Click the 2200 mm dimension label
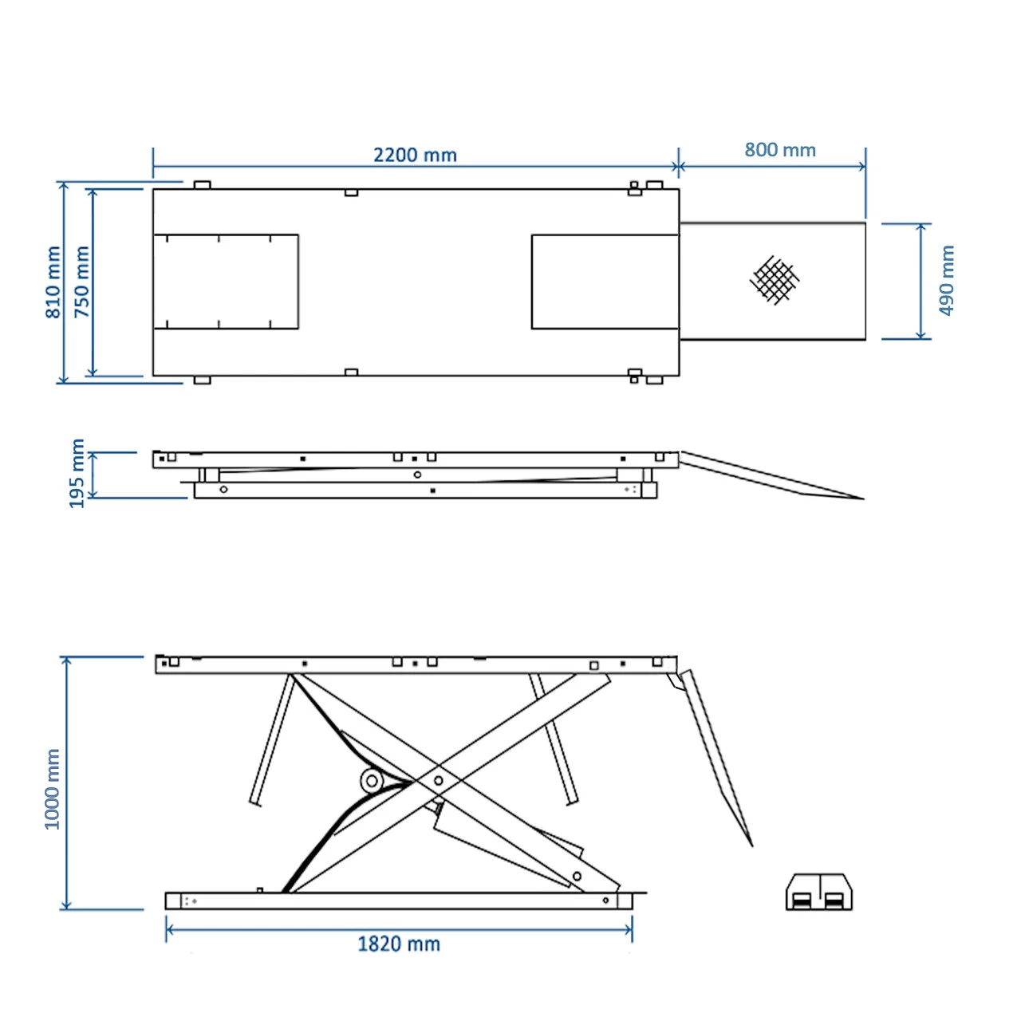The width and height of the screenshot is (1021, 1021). coord(415,156)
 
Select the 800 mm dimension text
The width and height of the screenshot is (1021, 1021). coord(780,150)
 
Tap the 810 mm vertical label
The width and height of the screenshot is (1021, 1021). coord(53,282)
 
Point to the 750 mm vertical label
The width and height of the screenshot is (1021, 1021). coord(81,282)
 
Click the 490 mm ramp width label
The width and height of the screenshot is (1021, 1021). coord(946,280)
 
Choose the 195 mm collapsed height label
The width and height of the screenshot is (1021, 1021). coord(77,473)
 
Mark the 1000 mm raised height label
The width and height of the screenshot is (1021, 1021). coord(52,790)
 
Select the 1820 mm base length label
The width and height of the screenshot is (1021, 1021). coord(399,944)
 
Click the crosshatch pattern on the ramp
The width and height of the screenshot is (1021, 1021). coord(774,280)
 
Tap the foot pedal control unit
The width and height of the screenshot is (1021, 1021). coord(818,893)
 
